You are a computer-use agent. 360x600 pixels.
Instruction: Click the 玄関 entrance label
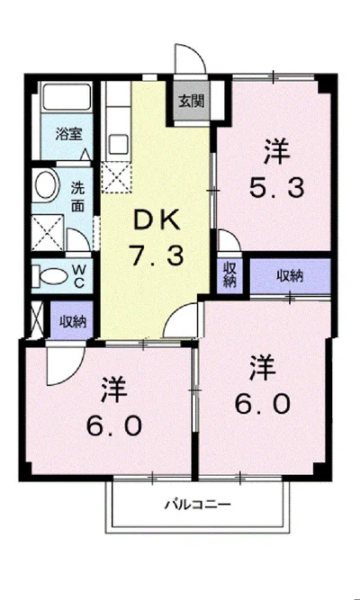[x=192, y=102]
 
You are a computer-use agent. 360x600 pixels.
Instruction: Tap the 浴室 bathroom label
[x=69, y=134]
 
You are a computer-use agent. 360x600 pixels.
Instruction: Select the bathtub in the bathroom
[x=67, y=97]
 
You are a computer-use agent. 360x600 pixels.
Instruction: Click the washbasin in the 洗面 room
[x=48, y=186]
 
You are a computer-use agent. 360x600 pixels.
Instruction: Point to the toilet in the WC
[x=50, y=276]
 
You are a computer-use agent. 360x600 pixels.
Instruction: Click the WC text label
[x=79, y=276]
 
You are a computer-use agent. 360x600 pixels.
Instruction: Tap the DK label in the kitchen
[x=157, y=220]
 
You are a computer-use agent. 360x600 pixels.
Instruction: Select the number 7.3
[x=157, y=255]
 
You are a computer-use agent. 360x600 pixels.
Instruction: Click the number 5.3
[x=277, y=187]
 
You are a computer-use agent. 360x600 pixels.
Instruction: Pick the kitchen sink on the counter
[x=118, y=144]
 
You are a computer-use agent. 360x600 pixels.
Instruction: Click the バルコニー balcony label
[x=198, y=505]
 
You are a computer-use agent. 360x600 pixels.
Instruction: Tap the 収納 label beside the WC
[x=73, y=322]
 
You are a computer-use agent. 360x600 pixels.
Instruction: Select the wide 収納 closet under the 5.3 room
[x=291, y=276]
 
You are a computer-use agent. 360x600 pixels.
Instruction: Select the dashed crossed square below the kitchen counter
[x=117, y=177]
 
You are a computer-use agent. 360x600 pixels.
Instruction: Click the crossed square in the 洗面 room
[x=48, y=232]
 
